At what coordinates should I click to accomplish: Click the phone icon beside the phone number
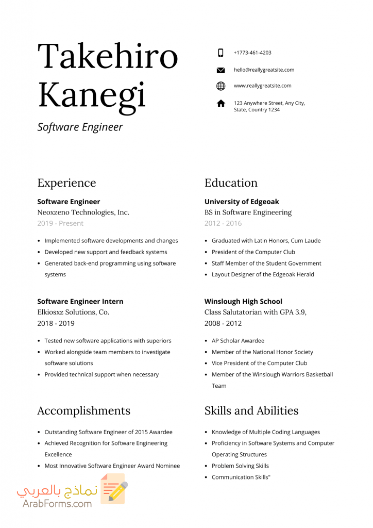(221, 53)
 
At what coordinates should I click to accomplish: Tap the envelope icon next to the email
(221, 70)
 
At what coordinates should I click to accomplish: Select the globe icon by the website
(221, 86)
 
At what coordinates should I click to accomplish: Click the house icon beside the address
(221, 104)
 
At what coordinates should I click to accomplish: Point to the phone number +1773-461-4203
(252, 53)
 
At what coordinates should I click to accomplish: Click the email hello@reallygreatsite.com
(264, 70)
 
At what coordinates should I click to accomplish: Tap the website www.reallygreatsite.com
(262, 86)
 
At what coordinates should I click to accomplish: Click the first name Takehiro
(108, 56)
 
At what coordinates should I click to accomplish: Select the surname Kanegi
(92, 96)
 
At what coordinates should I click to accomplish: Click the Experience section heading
(66, 183)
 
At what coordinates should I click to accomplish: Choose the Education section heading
(231, 183)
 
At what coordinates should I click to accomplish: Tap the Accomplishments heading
(83, 410)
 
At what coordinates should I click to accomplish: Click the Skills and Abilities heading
(251, 410)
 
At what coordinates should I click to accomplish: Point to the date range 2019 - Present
(60, 223)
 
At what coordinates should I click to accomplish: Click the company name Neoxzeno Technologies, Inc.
(83, 212)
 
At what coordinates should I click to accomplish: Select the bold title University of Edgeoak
(242, 202)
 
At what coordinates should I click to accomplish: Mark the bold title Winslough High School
(243, 301)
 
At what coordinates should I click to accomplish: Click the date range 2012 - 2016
(223, 223)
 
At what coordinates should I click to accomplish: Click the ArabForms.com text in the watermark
(57, 503)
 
